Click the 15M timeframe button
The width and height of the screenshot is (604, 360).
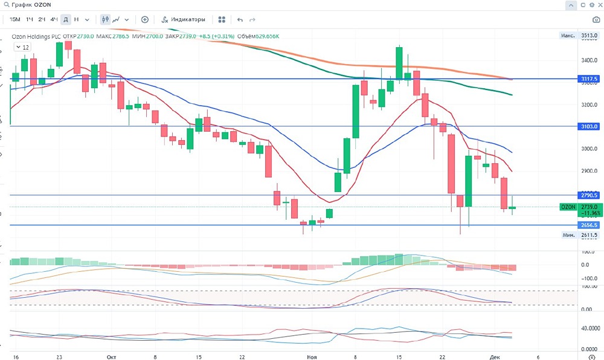15,19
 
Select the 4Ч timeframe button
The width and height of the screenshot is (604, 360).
54,19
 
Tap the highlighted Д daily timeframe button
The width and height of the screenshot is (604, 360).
66,19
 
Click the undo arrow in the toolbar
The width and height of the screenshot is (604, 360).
240,19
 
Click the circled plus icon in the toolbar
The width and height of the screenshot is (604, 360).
145,19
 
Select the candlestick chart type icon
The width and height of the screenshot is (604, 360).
106,19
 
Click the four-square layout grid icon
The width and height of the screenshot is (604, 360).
222,19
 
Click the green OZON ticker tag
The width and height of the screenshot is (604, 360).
568,207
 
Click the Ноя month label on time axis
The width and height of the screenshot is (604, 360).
311,357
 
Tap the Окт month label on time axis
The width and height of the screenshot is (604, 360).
111,357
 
